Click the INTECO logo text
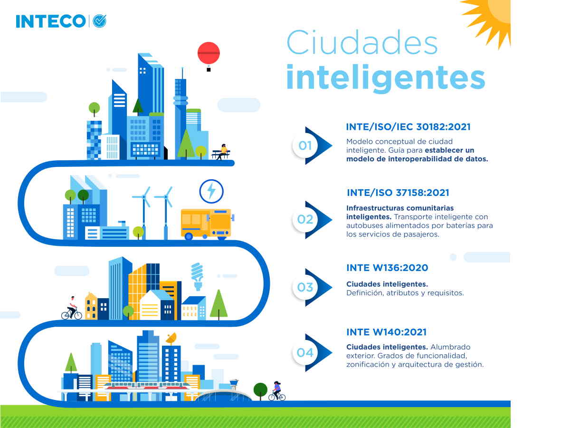coord(51,21)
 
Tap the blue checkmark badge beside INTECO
coord(99,21)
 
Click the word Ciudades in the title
coord(362,42)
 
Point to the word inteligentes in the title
coord(386,78)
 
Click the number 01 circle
coord(305,146)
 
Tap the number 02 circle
coord(305,219)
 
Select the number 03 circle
coord(305,287)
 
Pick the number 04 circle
coord(305,353)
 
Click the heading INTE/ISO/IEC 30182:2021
coord(408,127)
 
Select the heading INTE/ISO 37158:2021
coord(398,193)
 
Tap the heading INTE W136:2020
coord(387,268)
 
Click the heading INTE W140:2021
coord(386,332)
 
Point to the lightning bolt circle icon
coord(211,191)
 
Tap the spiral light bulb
coord(197,276)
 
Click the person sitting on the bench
coord(222,151)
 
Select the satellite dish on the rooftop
coord(171,338)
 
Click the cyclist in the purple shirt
coord(277,391)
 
